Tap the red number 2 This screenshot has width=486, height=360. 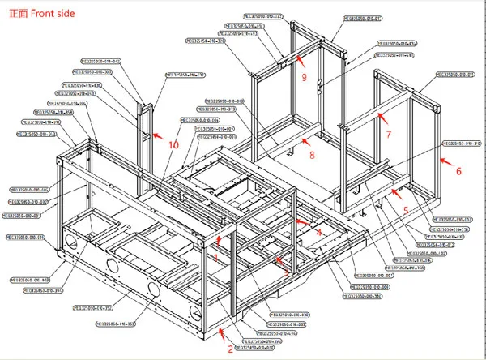tap(231, 349)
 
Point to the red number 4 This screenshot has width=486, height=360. tap(318, 232)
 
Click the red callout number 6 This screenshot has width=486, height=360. tap(458, 171)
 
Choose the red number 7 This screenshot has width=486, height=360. tap(388, 133)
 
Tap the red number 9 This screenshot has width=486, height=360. tap(304, 77)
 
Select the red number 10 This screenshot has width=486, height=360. tap(174, 144)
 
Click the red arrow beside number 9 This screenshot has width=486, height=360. tap(297, 59)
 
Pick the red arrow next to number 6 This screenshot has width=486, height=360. tap(444, 159)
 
